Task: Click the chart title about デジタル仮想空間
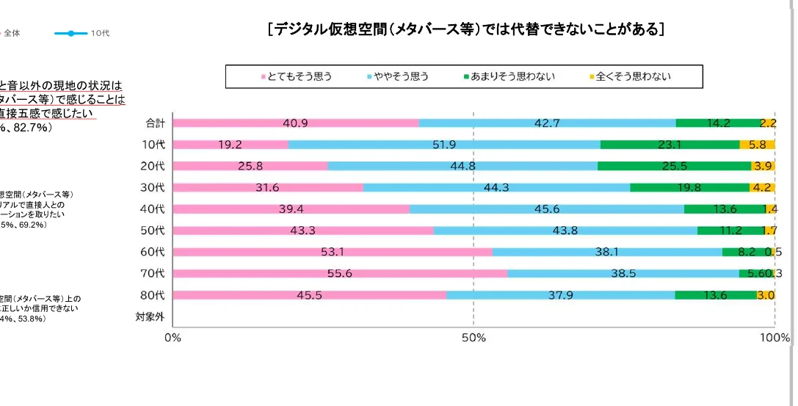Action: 467,29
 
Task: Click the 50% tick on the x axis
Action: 474,338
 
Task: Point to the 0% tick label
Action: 173,338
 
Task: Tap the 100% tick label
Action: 775,338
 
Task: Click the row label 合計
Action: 155,123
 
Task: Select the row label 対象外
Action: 150,317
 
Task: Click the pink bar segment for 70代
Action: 340,274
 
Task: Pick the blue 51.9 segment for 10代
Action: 444,145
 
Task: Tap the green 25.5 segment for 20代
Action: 674,166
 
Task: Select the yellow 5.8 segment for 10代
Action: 757,145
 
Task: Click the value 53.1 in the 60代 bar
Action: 333,252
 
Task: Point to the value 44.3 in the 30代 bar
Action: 496,187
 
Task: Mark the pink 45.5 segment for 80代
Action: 309,295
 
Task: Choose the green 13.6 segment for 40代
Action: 724,209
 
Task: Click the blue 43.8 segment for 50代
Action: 565,231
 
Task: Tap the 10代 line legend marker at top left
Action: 70,33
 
